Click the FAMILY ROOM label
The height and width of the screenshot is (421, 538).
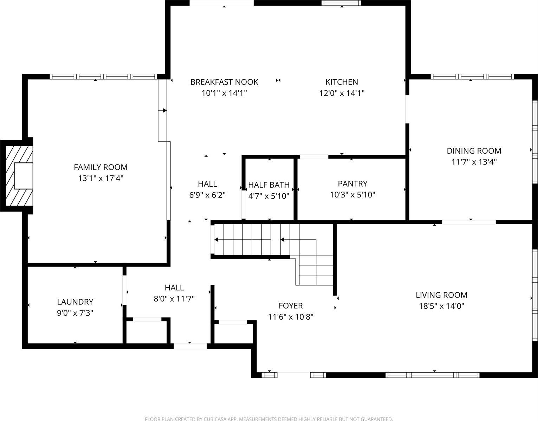click(x=101, y=167)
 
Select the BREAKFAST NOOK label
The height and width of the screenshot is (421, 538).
click(x=224, y=82)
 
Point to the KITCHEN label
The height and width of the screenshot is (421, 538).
click(x=342, y=82)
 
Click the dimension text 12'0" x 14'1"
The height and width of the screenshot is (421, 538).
click(x=342, y=93)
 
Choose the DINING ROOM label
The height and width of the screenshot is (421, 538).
click(x=474, y=151)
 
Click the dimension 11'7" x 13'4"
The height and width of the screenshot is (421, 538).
click(x=474, y=162)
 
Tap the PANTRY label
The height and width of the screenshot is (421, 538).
click(x=352, y=183)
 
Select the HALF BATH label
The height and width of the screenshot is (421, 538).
click(x=269, y=185)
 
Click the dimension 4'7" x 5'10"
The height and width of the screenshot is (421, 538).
click(x=269, y=196)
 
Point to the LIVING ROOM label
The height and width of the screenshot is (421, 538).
click(x=441, y=295)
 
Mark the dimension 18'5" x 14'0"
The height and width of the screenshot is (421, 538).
click(x=441, y=306)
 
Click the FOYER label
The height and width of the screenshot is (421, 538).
click(x=291, y=306)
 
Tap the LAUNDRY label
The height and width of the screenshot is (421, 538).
click(x=75, y=302)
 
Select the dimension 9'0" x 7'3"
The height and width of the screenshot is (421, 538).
click(x=75, y=313)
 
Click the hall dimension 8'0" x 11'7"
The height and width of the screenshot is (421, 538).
click(x=174, y=299)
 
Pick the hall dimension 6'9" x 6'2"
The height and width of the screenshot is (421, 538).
click(x=207, y=195)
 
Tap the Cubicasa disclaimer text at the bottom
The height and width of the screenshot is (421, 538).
click(x=269, y=419)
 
